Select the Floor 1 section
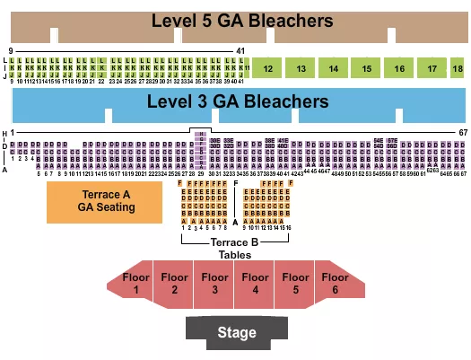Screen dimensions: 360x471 coord(135,284)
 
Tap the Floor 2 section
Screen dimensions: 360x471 coord(175,284)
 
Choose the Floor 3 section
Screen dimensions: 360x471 coord(215,284)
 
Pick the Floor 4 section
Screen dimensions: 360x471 coord(256,284)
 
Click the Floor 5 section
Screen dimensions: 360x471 coord(295,284)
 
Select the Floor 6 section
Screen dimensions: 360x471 coord(336,284)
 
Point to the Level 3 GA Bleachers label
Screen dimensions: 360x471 coord(239,101)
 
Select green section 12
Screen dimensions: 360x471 coord(267,68)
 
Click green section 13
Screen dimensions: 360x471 coord(301,68)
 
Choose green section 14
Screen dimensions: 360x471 coord(334,68)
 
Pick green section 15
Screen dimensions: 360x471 coord(367,68)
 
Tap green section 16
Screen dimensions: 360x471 coord(399,68)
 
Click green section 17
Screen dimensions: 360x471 coord(432,68)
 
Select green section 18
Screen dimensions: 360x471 coord(458,68)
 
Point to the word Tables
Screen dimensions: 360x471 coord(235,254)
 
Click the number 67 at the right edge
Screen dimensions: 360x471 coord(463,133)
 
